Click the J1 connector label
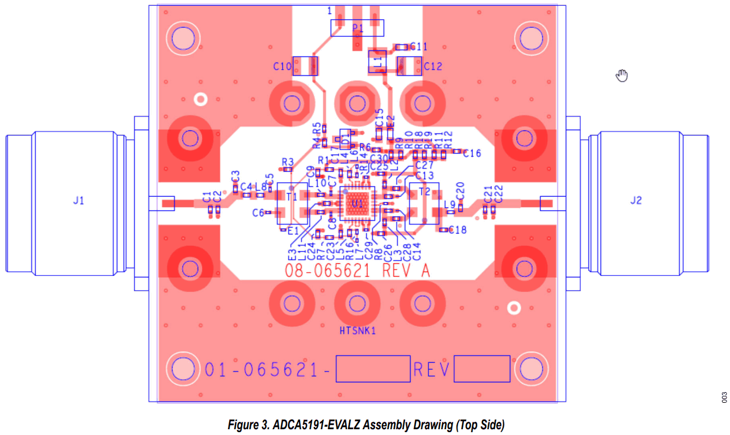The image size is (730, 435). point(78,201)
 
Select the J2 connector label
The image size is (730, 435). point(635,201)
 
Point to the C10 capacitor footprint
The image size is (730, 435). point(305,66)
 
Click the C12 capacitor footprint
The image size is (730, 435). point(410,66)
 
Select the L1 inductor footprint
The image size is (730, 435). point(377,61)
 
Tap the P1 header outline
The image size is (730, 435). point(358,27)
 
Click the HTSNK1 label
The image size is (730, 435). point(358,331)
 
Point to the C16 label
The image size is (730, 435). point(472,153)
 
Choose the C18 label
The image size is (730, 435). point(457,230)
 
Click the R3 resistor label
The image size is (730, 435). point(288,161)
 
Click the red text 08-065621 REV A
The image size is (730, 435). point(357,271)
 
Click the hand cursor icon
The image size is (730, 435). point(622,75)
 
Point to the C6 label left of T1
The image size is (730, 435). point(258,213)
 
